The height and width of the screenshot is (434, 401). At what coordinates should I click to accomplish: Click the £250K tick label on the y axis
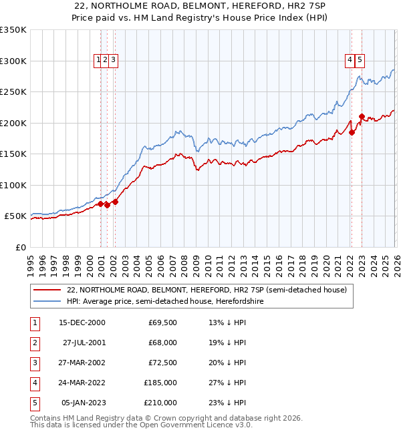[13, 91]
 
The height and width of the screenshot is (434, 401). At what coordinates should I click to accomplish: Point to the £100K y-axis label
[13, 185]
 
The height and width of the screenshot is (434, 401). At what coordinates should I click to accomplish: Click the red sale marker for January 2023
[362, 116]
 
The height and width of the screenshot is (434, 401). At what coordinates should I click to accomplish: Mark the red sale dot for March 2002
[115, 202]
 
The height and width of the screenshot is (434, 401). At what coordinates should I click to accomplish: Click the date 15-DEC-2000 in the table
[82, 322]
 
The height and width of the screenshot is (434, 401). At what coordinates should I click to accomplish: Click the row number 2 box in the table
[34, 343]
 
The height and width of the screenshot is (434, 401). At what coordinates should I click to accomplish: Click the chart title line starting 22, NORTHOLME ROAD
[200, 6]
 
